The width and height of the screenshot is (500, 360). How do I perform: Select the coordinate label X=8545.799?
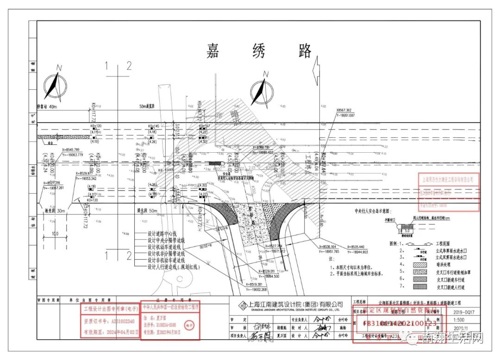[67, 150]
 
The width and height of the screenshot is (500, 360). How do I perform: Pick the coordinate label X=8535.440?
[354, 247]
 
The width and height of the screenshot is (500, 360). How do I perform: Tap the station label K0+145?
[154, 126]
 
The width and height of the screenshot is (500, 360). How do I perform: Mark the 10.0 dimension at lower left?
[55, 234]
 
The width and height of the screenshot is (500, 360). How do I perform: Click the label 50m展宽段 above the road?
[149, 107]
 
